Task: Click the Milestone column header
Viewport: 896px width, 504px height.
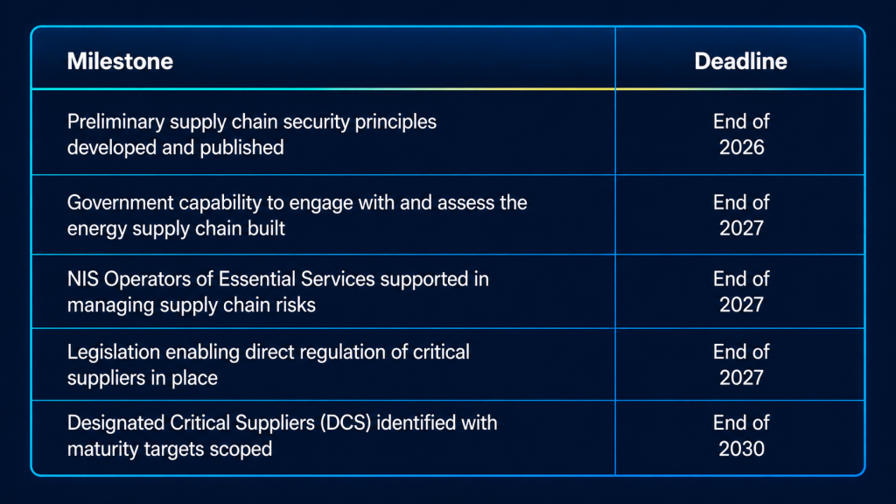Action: (120, 61)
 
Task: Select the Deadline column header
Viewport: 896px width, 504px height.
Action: (740, 61)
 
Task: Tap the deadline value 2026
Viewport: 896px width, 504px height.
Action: (741, 147)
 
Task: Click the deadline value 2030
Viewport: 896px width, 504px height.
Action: (741, 449)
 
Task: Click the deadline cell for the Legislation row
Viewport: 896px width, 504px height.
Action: (740, 365)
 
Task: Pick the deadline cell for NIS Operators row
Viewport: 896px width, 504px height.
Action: (740, 291)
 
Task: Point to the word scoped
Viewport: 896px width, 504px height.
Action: (241, 450)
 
